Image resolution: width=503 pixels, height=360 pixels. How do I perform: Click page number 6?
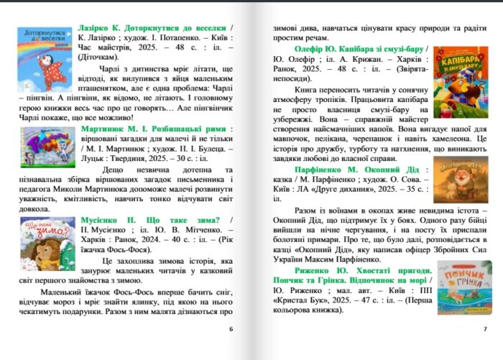pyautogui.click(x=230, y=329)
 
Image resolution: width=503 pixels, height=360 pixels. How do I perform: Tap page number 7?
pyautogui.click(x=485, y=329)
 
